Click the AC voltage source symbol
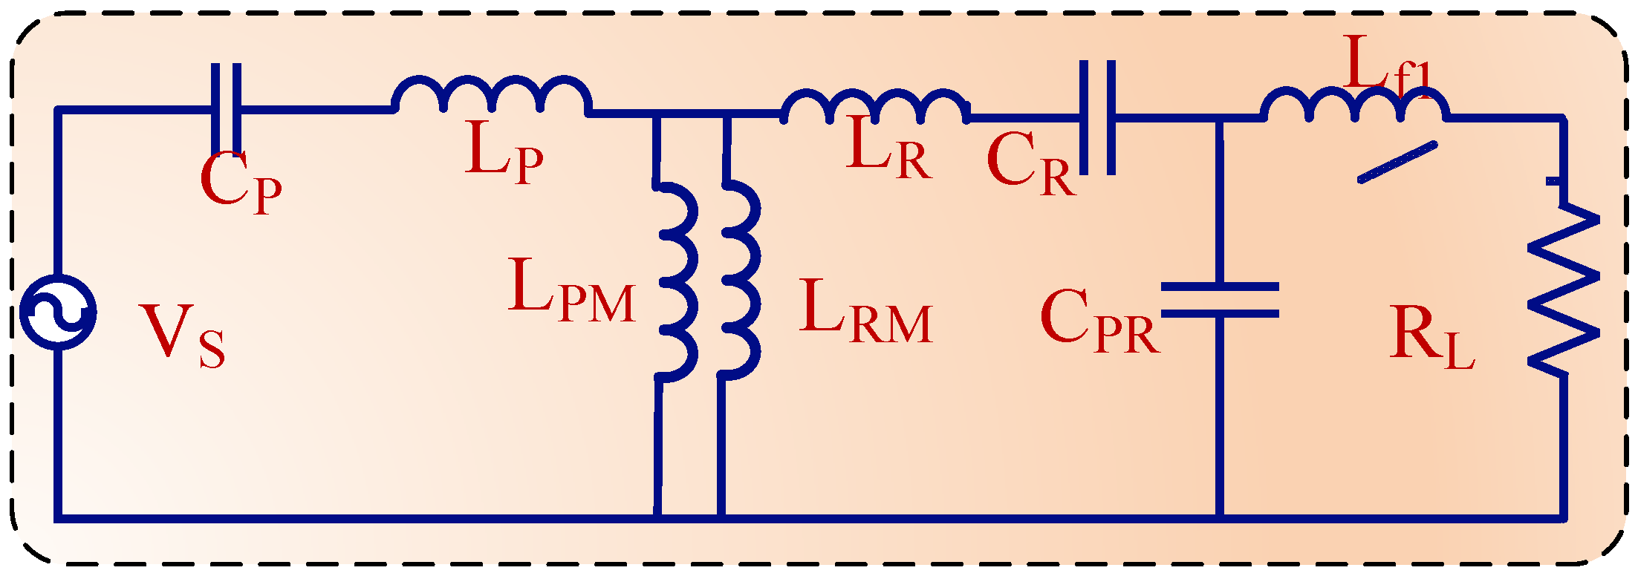(x=58, y=312)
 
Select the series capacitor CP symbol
(x=226, y=109)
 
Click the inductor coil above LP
(x=492, y=95)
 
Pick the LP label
(x=504, y=151)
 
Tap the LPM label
(x=572, y=289)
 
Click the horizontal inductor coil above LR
(x=875, y=106)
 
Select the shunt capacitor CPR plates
(x=1220, y=300)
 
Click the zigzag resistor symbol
(x=1563, y=289)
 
